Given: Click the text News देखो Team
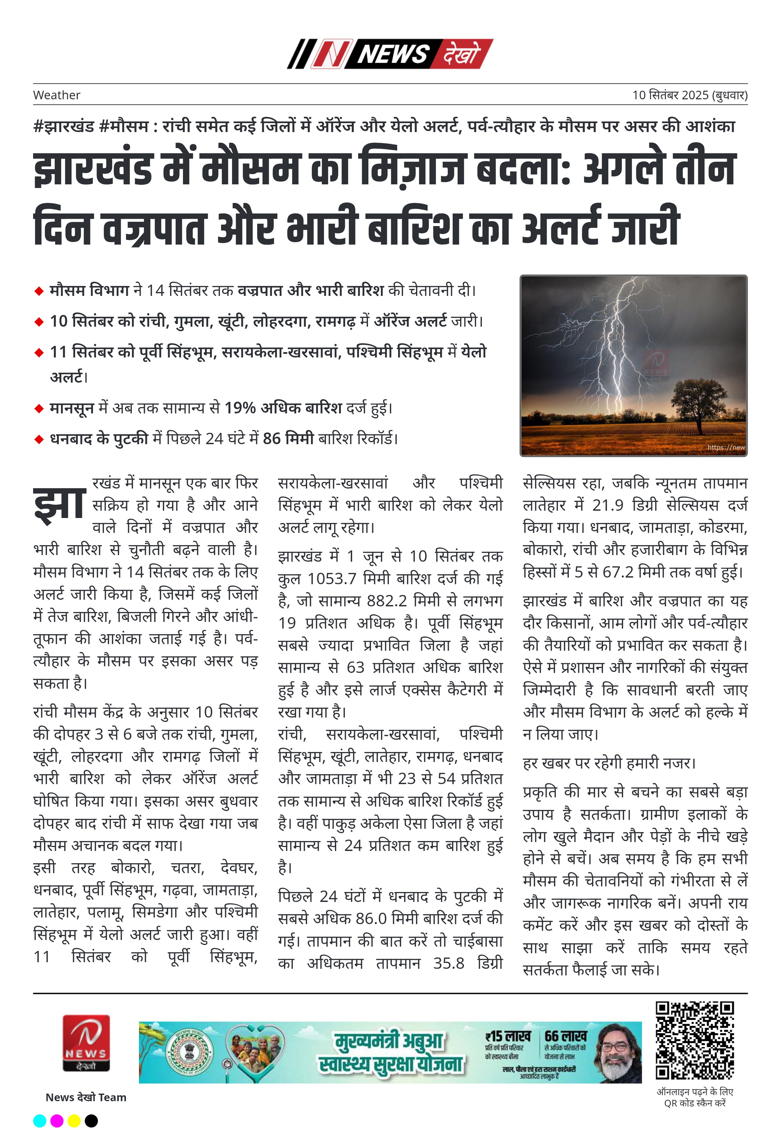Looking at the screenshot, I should pyautogui.click(x=86, y=1097).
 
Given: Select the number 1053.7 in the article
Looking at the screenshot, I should pyautogui.click(x=331, y=579).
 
